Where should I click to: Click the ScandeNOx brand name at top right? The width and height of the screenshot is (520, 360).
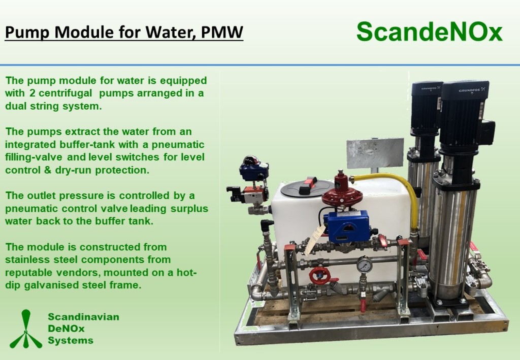[x=430, y=31]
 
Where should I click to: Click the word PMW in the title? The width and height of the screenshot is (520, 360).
[x=222, y=32]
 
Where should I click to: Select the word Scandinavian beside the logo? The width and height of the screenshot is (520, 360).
[x=84, y=316]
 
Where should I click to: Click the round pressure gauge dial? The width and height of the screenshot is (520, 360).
[x=365, y=265]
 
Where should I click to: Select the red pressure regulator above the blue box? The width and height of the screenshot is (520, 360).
[x=339, y=192]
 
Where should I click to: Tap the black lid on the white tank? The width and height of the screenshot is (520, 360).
[x=307, y=188]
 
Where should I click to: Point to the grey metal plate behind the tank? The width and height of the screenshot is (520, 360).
[x=375, y=153]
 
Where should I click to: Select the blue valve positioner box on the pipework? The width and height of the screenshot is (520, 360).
[x=346, y=226]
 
